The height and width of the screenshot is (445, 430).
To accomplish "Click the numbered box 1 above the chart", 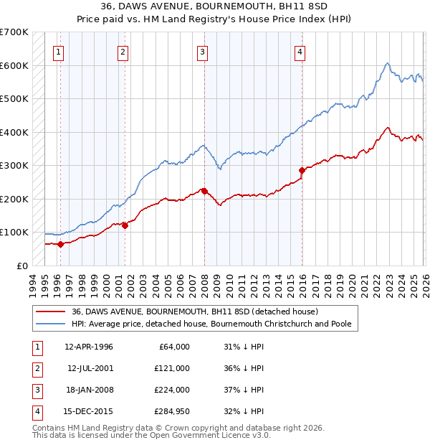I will pos(58,51).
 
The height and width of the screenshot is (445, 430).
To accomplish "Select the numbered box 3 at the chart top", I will pos(203,51).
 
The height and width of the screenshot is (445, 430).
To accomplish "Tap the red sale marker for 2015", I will pos(301,170).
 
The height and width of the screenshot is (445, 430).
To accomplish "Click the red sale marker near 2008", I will pos(204,191).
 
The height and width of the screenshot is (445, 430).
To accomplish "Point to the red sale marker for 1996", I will pos(60,244).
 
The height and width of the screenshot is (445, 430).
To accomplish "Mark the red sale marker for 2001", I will pos(125,225).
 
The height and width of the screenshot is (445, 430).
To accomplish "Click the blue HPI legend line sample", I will pos(52,324).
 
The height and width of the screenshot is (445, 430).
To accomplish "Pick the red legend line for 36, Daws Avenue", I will pos(52,311).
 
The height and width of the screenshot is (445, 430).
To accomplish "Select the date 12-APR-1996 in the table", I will pos(89,347).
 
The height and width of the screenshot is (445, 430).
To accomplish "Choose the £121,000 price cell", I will pos(172,368).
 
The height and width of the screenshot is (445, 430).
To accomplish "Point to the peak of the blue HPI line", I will pos(386,63).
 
